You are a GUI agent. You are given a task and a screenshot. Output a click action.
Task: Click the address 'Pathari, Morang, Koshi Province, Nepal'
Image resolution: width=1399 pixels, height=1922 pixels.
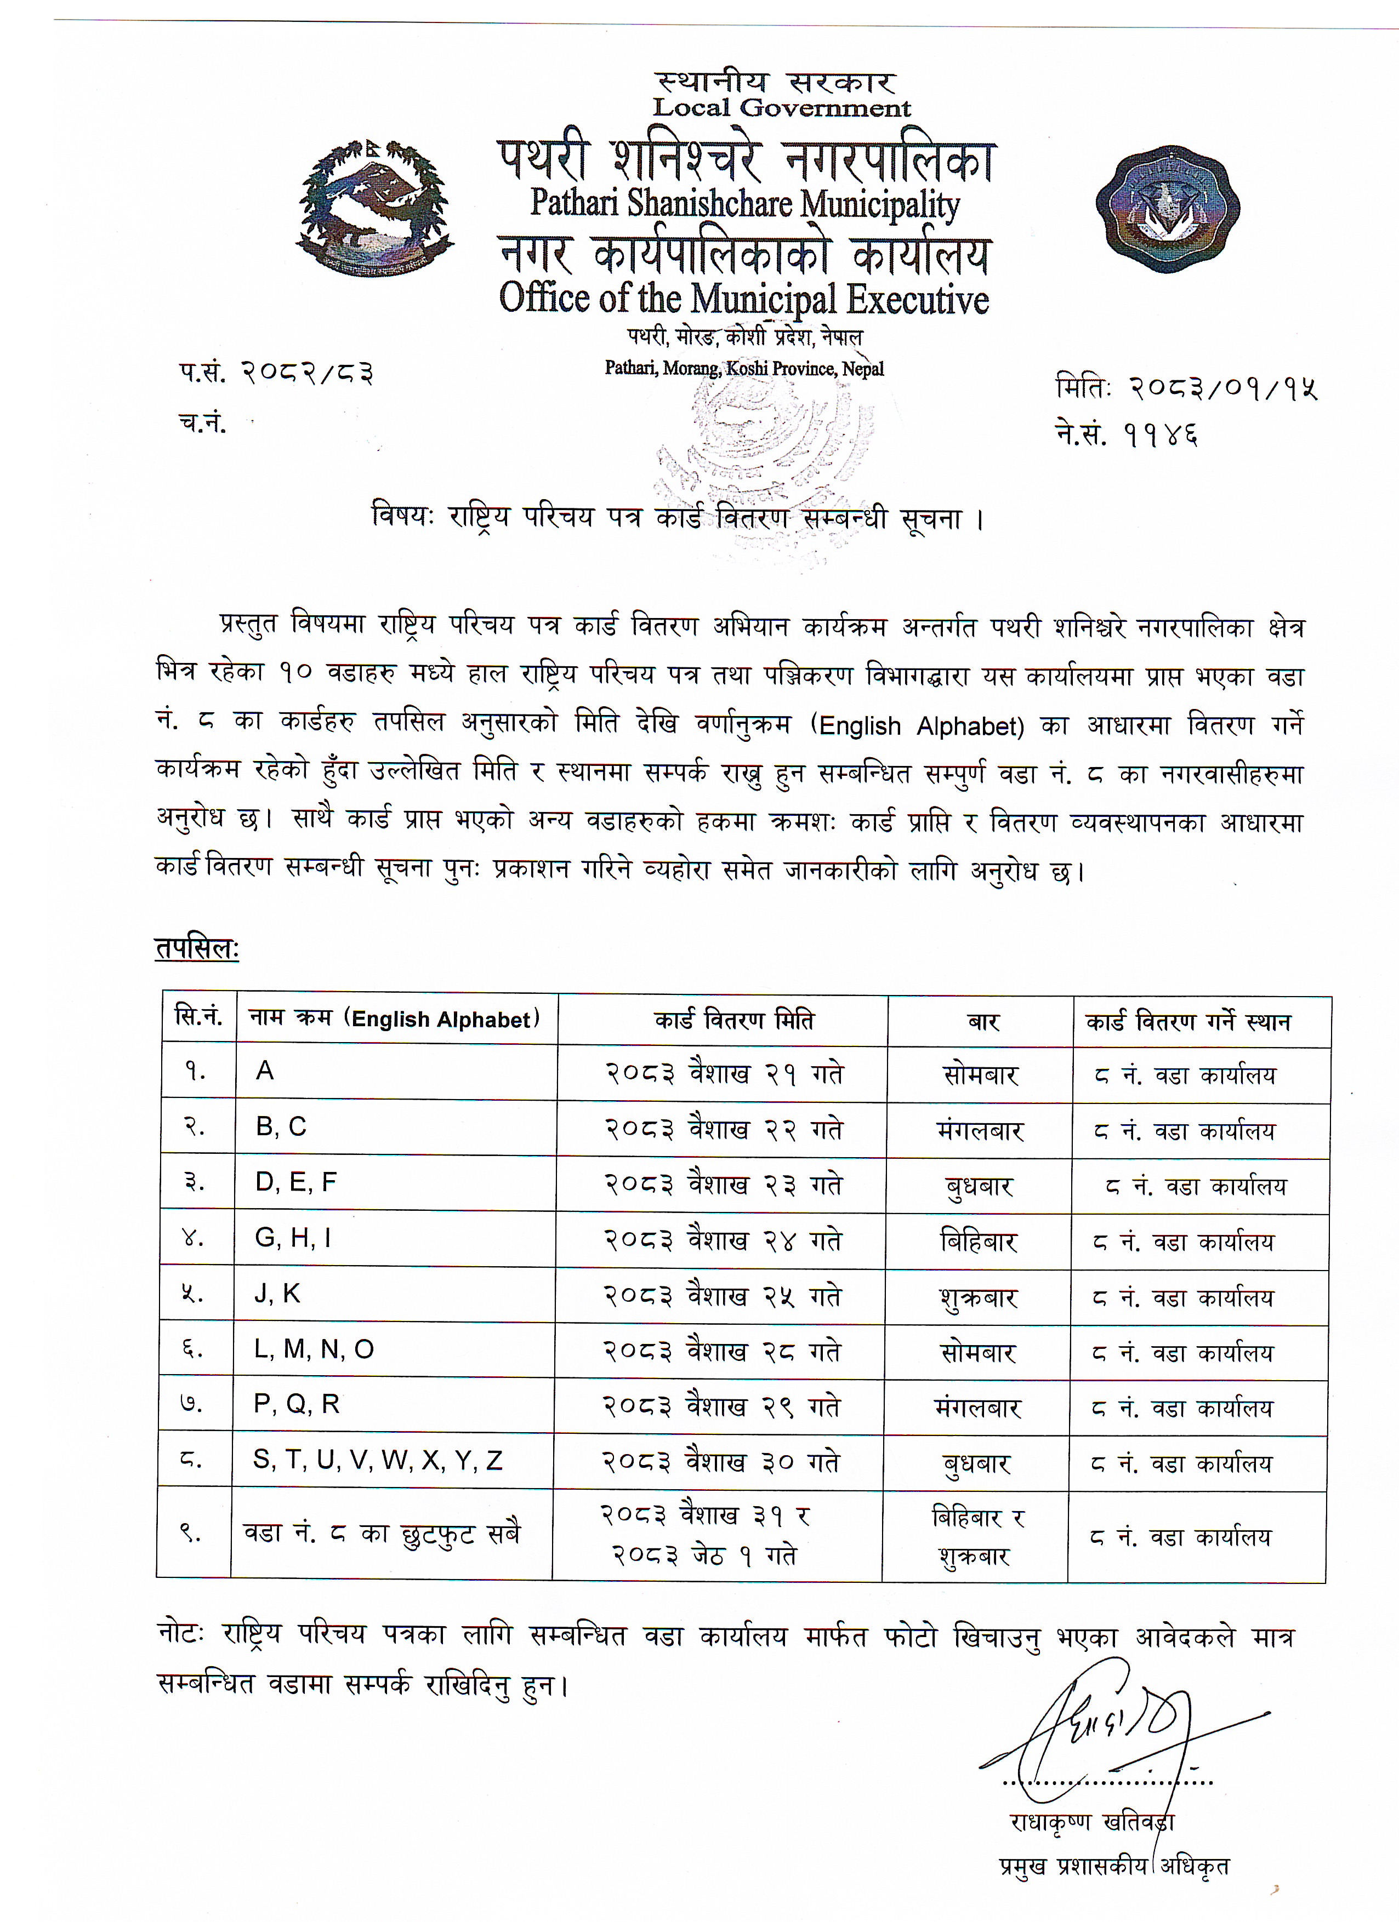tap(743, 369)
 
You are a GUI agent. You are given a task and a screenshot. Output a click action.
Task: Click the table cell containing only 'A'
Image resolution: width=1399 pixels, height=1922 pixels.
tap(265, 1072)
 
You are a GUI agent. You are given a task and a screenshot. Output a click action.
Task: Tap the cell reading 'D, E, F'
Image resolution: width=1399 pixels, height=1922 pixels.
tap(296, 1182)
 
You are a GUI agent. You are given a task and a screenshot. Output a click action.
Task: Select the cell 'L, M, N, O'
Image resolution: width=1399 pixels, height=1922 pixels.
tap(314, 1349)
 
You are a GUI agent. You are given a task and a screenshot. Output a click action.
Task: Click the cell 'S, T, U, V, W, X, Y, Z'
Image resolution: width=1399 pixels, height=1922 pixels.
tap(378, 1460)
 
